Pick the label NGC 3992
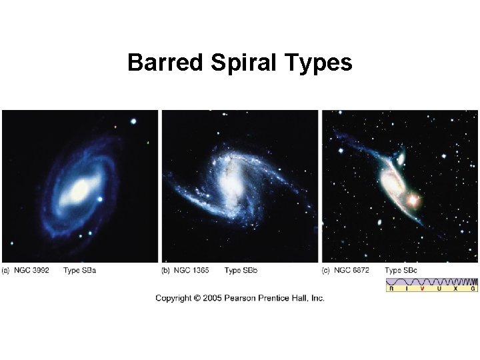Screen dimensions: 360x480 [x=33, y=270]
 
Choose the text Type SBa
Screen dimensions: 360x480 [x=81, y=270]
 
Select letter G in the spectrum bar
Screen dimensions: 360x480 [x=473, y=289]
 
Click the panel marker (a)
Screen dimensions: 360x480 [x=6, y=270]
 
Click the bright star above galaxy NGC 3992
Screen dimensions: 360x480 [x=133, y=121]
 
